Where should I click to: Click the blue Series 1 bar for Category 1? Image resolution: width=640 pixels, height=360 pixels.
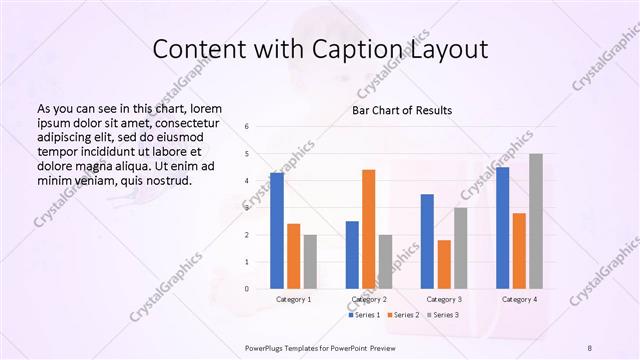tap(277, 230)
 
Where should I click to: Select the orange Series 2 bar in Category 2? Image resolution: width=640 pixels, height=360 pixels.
tap(369, 229)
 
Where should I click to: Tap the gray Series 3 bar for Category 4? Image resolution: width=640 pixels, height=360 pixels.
tap(536, 221)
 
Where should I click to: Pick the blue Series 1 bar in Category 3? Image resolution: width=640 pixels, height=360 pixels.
tap(427, 241)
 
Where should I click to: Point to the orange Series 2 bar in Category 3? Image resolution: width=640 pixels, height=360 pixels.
tap(444, 264)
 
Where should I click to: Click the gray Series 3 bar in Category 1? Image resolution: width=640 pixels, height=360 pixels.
tap(310, 261)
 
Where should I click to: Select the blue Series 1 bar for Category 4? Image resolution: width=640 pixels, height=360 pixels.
tap(503, 228)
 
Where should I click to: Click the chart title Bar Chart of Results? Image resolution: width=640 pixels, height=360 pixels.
tap(402, 110)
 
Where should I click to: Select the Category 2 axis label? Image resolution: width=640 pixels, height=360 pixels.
tap(369, 299)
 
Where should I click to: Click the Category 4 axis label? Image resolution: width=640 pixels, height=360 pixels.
tap(519, 299)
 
